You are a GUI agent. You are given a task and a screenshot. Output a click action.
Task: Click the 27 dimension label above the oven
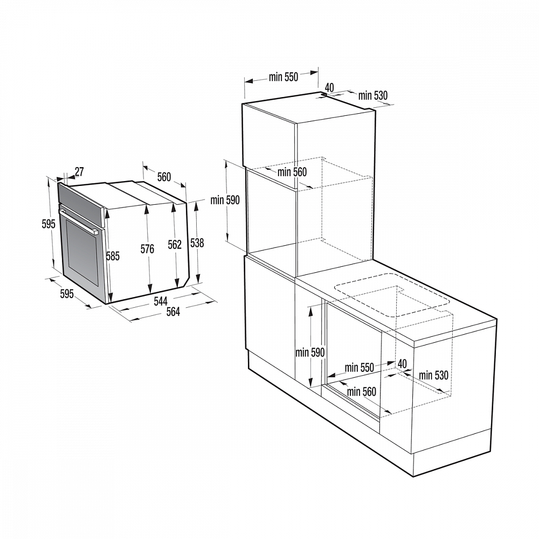point(79,172)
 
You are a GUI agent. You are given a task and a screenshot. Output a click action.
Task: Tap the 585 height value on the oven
point(112,256)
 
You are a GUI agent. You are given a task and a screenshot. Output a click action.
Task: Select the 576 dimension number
point(147,249)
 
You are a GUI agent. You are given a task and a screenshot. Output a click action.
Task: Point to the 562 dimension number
point(175,245)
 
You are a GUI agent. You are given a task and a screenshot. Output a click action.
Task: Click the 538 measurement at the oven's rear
point(197,243)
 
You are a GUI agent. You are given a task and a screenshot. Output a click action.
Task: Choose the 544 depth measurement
point(161,301)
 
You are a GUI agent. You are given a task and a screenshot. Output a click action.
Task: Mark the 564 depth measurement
point(172,312)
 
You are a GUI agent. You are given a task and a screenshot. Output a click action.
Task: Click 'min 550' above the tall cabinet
point(283,77)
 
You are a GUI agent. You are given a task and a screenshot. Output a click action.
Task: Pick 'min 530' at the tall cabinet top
point(373,96)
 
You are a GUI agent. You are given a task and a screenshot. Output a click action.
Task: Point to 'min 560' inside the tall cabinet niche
point(292,172)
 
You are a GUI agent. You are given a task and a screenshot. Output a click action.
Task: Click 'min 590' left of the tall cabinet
point(225,200)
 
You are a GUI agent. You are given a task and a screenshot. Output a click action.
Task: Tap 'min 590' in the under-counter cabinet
point(310,353)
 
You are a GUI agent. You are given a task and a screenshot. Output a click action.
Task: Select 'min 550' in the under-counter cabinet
point(360,368)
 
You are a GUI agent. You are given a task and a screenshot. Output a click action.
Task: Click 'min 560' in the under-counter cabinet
point(362,392)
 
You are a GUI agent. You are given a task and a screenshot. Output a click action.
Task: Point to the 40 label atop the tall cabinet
point(330,87)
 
